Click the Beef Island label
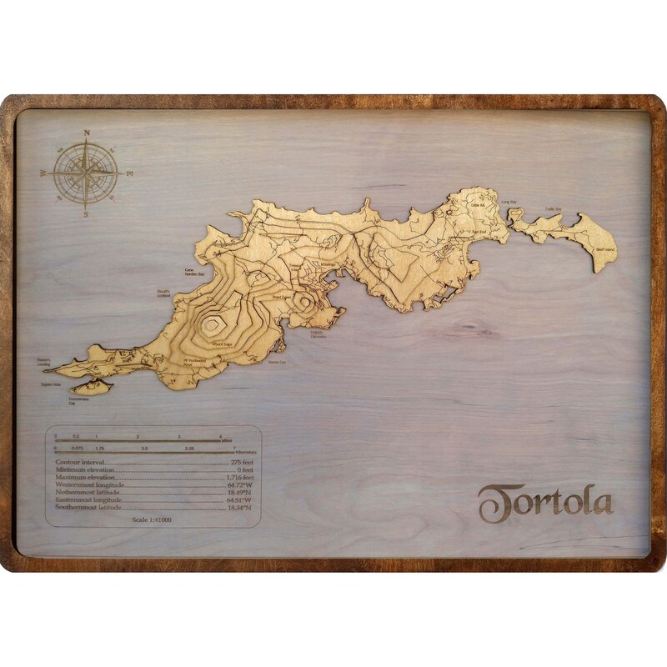604,249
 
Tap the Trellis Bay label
554,208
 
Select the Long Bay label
508,202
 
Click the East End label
479,232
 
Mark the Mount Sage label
222,343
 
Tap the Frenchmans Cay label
78,402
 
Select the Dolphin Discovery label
319,335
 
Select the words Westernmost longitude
89,484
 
